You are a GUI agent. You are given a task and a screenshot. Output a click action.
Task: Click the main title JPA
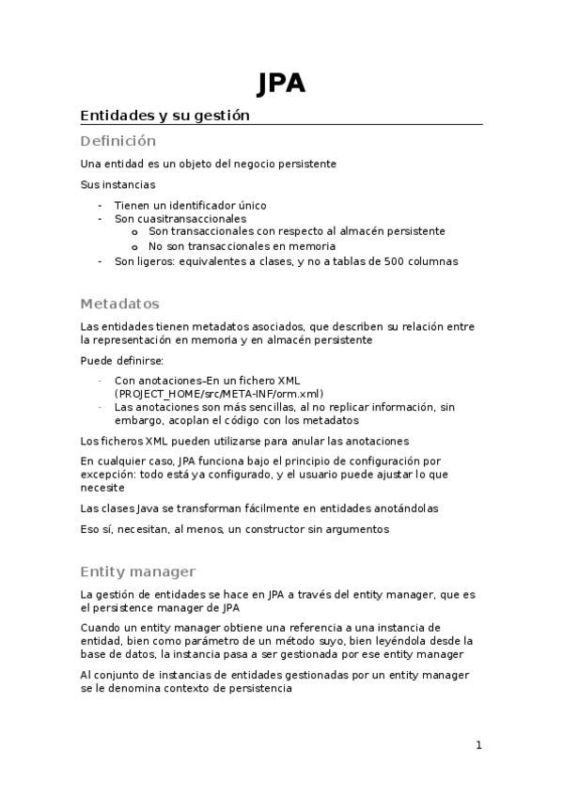pyautogui.click(x=281, y=85)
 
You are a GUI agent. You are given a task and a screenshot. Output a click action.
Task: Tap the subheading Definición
pyautogui.click(x=117, y=141)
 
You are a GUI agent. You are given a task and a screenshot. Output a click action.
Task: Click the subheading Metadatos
pyautogui.click(x=120, y=304)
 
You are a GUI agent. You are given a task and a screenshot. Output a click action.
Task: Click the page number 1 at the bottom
pyautogui.click(x=478, y=746)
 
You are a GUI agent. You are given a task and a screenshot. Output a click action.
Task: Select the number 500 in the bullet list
pyautogui.click(x=396, y=261)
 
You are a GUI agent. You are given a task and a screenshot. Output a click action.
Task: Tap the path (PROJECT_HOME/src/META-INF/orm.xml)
pyautogui.click(x=219, y=394)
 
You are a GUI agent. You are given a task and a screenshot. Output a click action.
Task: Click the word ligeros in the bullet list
pyautogui.click(x=163, y=261)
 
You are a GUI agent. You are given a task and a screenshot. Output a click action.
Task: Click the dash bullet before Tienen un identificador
pyautogui.click(x=101, y=205)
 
